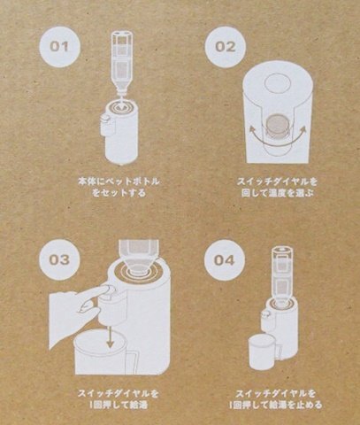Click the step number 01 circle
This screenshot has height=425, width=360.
[59, 47]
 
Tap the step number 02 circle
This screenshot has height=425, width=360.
[226, 47]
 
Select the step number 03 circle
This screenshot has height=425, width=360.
[60, 259]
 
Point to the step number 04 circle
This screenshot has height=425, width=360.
[225, 260]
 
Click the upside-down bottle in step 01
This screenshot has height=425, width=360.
[121, 63]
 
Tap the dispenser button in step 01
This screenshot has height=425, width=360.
[104, 119]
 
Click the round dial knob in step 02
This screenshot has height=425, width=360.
[277, 125]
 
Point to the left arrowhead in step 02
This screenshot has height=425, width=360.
[252, 129]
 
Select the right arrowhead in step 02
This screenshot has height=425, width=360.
[302, 129]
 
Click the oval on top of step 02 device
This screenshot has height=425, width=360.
[278, 83]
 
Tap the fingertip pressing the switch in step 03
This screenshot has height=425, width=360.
[107, 290]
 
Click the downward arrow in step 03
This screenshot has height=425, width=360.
[111, 337]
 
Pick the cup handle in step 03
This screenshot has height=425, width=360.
[132, 361]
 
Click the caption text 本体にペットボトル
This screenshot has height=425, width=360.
[119, 181]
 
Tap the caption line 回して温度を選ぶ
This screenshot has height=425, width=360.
[277, 193]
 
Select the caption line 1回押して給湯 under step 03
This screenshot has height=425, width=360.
[119, 406]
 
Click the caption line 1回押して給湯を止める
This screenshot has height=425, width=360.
[275, 405]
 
